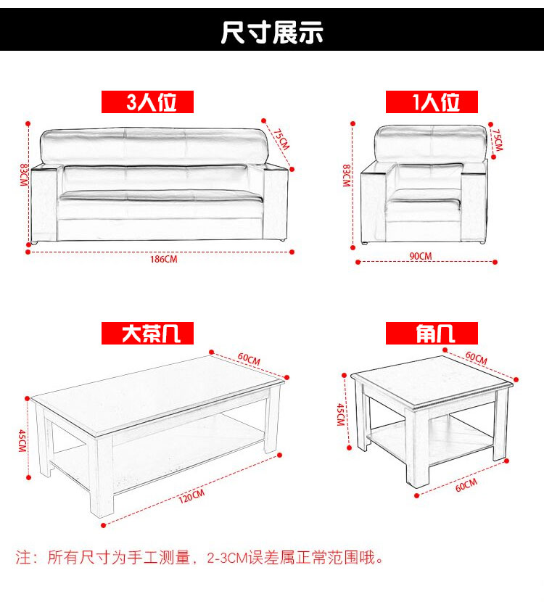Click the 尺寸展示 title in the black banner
tap(272, 32)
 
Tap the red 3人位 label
tap(147, 102)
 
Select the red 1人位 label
tap(432, 102)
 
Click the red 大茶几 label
tap(147, 333)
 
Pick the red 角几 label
tap(432, 333)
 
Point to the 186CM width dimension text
tap(163, 259)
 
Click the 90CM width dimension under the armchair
tap(421, 256)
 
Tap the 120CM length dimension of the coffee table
tap(191, 495)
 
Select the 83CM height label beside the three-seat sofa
tap(24, 175)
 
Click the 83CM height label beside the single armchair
tap(346, 176)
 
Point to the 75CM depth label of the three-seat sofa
tap(281, 139)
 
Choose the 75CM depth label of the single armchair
tap(498, 140)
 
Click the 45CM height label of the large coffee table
tap(22, 441)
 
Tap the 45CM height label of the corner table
tap(340, 415)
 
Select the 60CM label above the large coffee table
tap(249, 358)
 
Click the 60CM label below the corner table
tap(466, 485)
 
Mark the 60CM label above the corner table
tap(476, 358)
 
